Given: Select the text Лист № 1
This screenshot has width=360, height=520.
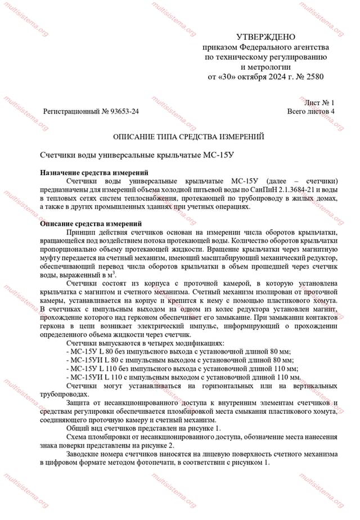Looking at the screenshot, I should click(319, 102).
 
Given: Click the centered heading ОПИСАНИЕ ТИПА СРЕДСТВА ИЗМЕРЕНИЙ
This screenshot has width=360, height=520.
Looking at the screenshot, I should click(188, 137).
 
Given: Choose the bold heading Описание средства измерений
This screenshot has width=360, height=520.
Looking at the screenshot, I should click(90, 224).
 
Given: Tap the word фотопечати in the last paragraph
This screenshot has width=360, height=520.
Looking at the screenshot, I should click(154, 463).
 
